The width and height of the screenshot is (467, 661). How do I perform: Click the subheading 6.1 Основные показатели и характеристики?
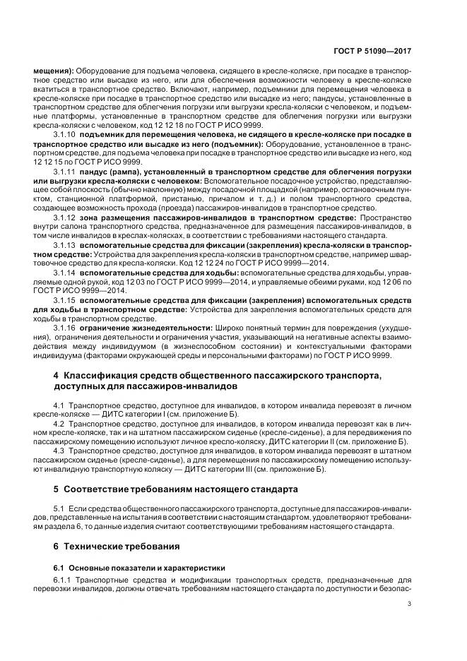click(x=129, y=567)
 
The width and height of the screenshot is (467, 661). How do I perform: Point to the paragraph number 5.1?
click(x=59, y=508)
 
